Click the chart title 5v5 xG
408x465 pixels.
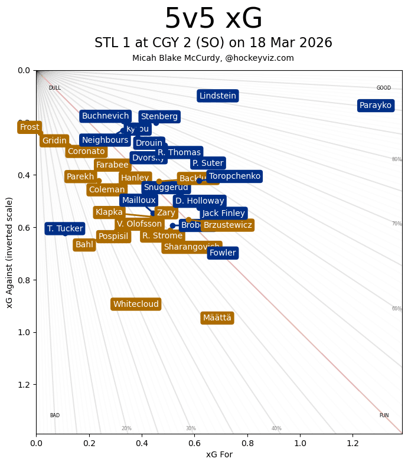pos(213,19)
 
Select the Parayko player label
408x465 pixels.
pos(376,106)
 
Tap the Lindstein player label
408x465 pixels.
pos(217,96)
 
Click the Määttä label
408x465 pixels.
pos(217,318)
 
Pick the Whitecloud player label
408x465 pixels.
pos(136,304)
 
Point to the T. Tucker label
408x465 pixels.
pos(65,228)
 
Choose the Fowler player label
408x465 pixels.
pos(223,253)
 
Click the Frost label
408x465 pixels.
pos(30,127)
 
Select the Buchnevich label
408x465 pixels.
pos(105,116)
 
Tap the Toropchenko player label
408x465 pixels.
pos(234,176)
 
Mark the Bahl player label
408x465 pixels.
pos(84,244)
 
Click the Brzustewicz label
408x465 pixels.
pos(227,225)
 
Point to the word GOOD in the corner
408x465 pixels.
pos(384,88)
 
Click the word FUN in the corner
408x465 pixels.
pos(384,415)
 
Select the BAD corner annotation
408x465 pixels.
pos(54,415)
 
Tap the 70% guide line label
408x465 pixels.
pos(397,224)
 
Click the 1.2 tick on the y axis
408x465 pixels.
pos(24,385)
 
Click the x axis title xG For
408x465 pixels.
pos(219,454)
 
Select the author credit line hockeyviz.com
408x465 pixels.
pos(213,58)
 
